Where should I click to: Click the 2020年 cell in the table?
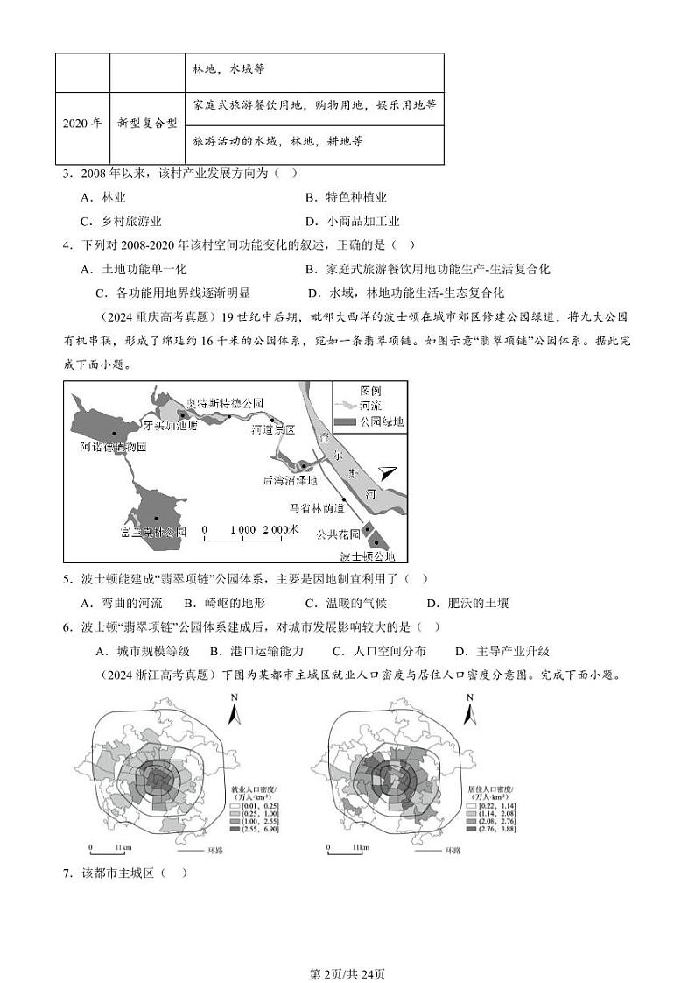click(x=82, y=124)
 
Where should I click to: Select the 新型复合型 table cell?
click(x=147, y=124)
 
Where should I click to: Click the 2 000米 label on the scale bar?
click(x=280, y=529)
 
